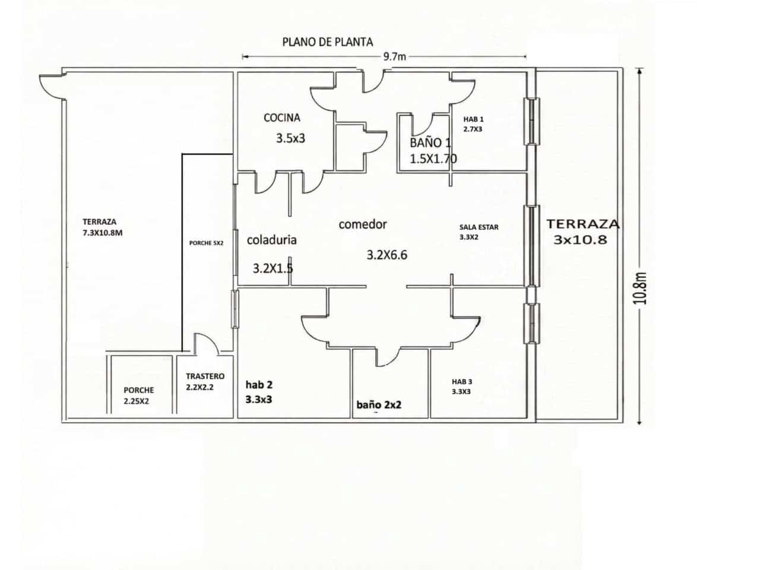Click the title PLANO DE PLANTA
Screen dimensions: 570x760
click(327, 42)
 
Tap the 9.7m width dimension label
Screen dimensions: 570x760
click(395, 57)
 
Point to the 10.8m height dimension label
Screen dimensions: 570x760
click(639, 289)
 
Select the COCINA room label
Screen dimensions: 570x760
click(282, 118)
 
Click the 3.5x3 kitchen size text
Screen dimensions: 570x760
click(290, 139)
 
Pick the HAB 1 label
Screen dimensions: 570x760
click(473, 119)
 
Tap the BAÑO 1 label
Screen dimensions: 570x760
click(430, 143)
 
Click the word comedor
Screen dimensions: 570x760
click(363, 224)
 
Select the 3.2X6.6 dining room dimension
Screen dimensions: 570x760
click(387, 255)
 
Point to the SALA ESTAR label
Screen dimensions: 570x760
click(479, 227)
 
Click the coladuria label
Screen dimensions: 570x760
click(271, 240)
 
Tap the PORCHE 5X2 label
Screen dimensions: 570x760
click(206, 243)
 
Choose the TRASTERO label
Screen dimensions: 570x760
click(205, 376)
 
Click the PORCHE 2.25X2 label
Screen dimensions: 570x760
click(139, 395)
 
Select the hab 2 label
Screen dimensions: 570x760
click(259, 385)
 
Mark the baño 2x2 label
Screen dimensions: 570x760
click(379, 405)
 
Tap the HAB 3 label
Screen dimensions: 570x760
click(462, 382)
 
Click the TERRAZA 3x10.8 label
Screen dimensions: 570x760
click(582, 232)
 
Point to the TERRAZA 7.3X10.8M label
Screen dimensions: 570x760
click(103, 227)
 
